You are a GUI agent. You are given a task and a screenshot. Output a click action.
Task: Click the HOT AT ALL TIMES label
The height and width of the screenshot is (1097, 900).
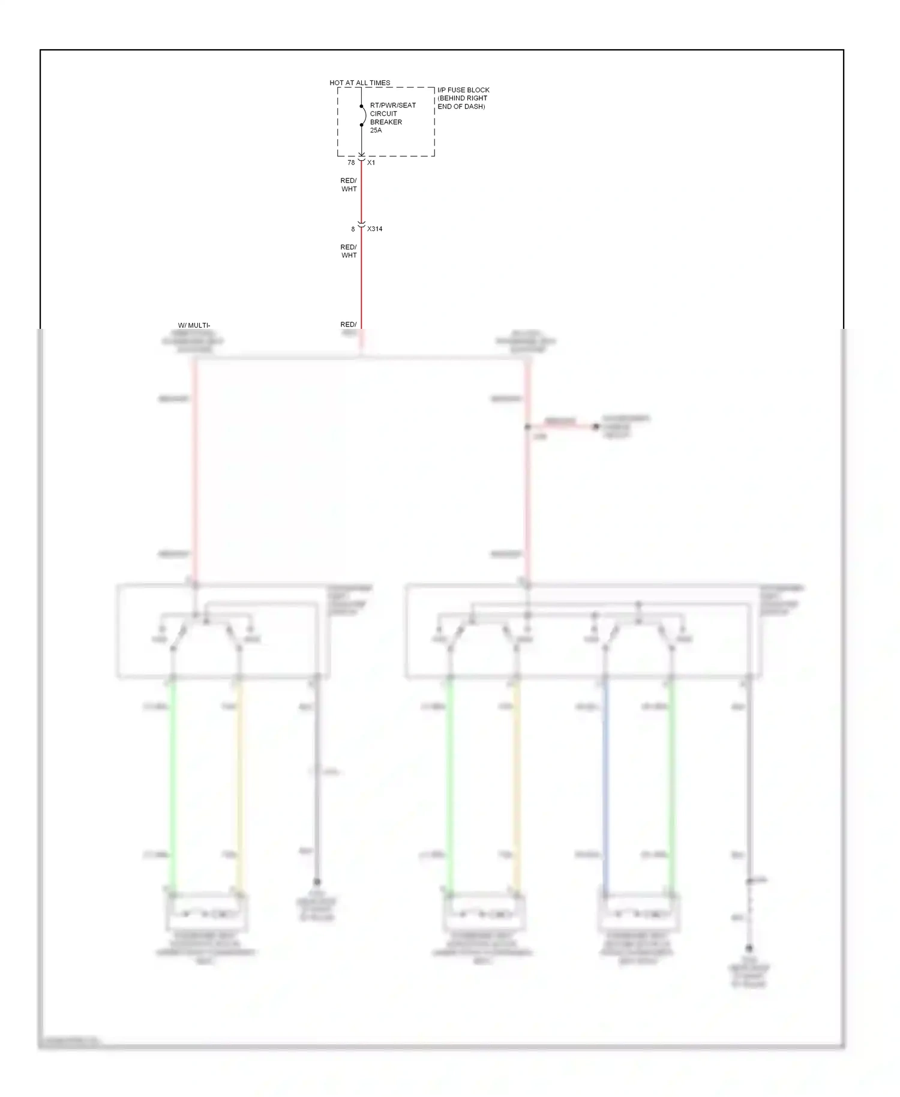coord(359,83)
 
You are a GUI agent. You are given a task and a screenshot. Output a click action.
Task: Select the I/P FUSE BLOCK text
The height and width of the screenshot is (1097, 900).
coord(463,90)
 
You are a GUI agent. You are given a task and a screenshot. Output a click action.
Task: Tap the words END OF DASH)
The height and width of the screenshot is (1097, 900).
coord(461,107)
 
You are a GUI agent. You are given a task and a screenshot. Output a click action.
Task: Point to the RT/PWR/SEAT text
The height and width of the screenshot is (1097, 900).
coord(392,106)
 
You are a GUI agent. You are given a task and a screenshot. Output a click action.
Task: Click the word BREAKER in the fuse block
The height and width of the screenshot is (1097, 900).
coord(386,122)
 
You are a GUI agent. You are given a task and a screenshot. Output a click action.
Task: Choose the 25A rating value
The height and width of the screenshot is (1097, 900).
coord(376,131)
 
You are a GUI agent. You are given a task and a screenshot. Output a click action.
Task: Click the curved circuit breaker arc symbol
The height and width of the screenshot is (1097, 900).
coord(364,115)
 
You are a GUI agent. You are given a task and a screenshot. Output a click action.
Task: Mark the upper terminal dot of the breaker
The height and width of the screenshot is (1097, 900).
coord(361,107)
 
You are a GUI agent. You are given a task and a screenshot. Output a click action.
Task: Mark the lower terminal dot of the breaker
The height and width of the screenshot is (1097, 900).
coord(361,125)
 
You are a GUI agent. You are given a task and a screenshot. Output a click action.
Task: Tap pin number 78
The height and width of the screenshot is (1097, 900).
coord(351,163)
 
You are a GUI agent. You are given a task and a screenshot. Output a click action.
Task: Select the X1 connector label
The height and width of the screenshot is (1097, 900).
coord(371,163)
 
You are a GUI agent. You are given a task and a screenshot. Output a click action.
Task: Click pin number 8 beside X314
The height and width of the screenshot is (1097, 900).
coord(353,229)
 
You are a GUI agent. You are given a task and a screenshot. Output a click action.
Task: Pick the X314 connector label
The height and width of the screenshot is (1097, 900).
coord(374,229)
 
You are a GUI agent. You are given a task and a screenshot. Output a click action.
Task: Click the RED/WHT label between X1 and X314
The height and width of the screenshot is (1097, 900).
coord(349,185)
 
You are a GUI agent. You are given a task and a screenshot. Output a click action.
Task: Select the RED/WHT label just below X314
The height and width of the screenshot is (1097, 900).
coord(349,251)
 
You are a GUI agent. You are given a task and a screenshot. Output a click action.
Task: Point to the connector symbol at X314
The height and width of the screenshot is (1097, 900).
coord(361,226)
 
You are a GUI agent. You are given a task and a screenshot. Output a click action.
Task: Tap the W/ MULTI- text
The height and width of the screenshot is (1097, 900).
coord(194,326)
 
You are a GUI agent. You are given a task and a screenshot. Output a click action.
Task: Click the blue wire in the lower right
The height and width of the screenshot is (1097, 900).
coord(605,786)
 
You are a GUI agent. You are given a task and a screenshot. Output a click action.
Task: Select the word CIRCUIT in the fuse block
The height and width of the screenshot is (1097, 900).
coord(383,114)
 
